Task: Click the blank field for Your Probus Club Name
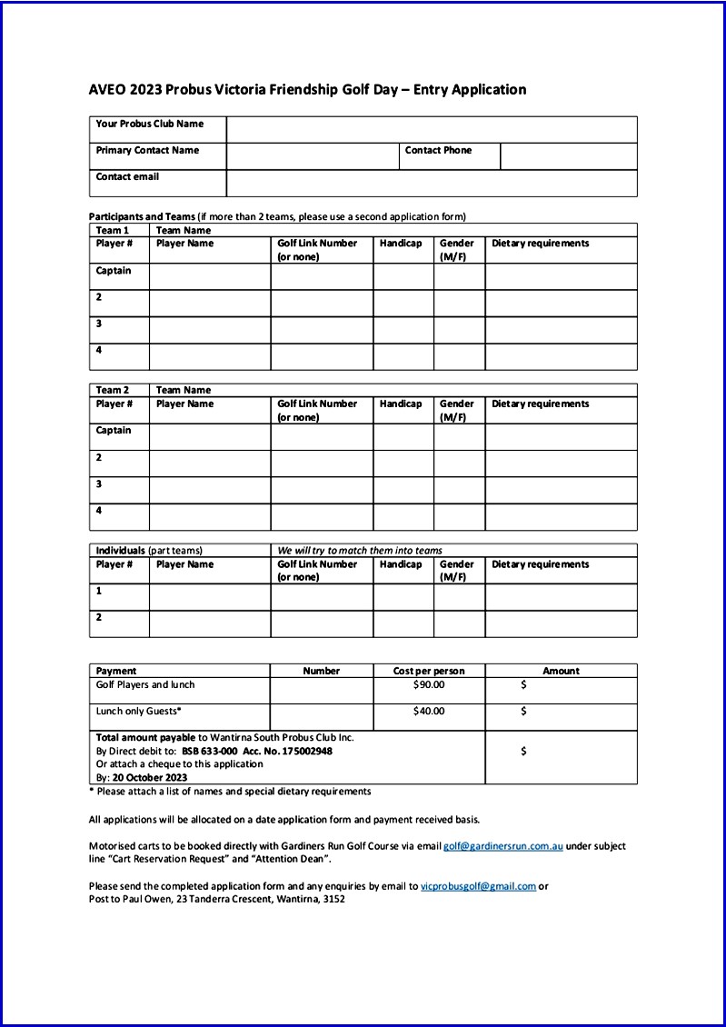(432, 129)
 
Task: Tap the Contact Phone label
(438, 151)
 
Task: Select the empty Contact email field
(432, 183)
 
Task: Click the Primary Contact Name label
(147, 151)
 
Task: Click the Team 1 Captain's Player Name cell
(209, 276)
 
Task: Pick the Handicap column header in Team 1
(401, 244)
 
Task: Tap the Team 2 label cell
(113, 390)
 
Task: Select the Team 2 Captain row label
(114, 431)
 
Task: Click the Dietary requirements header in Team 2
(540, 404)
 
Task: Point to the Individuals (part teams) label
(149, 551)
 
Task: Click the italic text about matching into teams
(360, 551)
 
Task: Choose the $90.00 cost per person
(429, 685)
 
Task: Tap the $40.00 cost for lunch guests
(429, 712)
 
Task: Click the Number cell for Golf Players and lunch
(321, 691)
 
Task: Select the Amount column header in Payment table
(561, 671)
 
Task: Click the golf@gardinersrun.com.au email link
(503, 846)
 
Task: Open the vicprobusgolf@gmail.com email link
(478, 886)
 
